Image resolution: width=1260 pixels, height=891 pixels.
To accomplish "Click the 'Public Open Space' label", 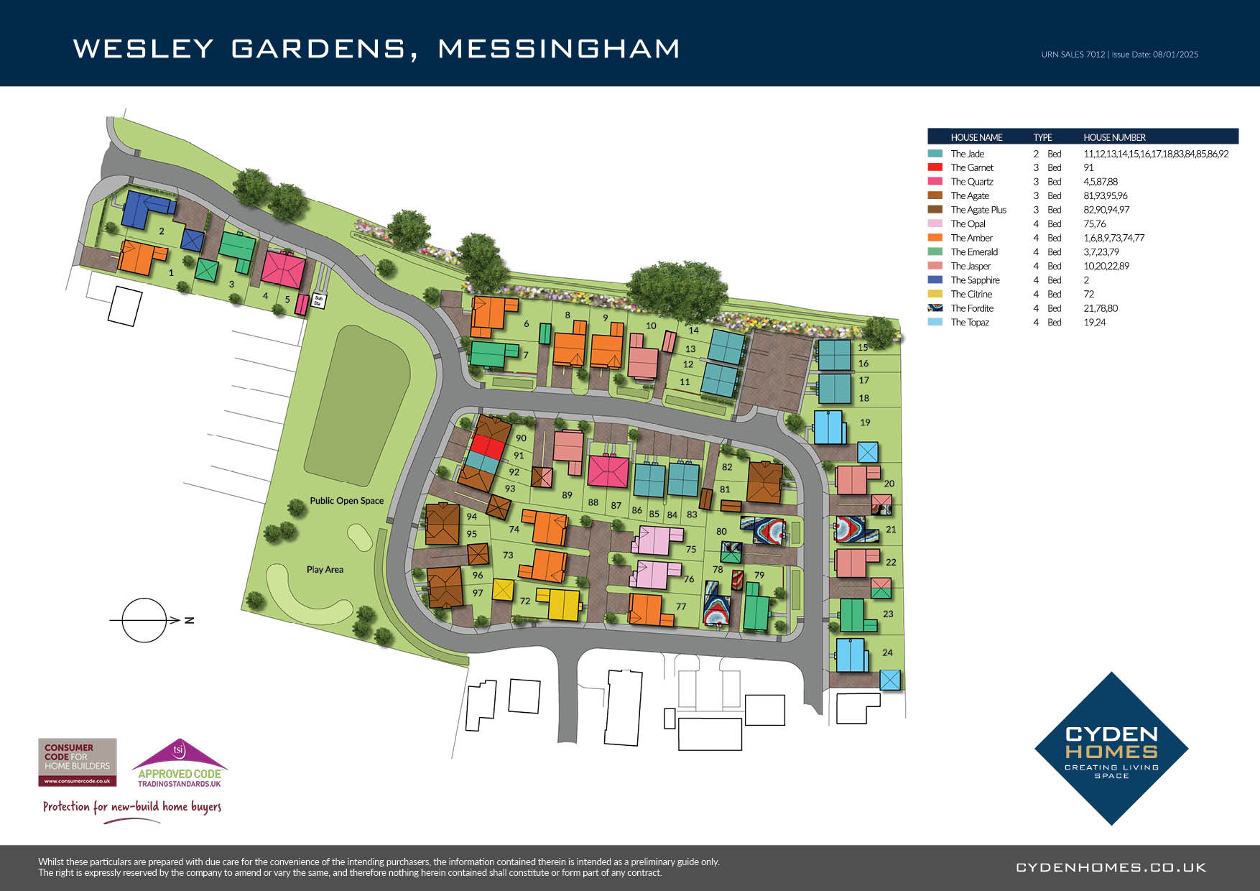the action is click(346, 501).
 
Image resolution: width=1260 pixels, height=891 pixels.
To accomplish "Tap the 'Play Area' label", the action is click(325, 570).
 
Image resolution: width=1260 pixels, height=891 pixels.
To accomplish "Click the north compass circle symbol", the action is click(144, 619).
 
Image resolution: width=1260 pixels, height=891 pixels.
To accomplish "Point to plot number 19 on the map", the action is click(865, 423).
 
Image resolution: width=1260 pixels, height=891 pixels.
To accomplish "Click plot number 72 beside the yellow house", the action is click(525, 601).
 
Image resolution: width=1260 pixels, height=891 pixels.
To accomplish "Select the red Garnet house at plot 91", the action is click(488, 446).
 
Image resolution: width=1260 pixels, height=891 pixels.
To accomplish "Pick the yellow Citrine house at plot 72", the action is click(558, 604).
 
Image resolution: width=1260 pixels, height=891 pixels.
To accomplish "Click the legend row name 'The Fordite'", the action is click(972, 308).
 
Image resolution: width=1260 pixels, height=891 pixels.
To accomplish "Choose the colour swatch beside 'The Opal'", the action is click(935, 224).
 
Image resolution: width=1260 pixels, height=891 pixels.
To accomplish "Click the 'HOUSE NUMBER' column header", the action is click(1114, 137).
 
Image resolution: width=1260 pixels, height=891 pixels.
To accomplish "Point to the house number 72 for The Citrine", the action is click(1088, 294).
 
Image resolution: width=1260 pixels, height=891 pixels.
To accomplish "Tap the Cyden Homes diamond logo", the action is click(1111, 748).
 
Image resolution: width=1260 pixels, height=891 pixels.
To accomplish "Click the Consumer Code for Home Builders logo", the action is click(77, 762).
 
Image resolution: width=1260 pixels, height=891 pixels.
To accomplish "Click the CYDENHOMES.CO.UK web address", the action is click(1111, 867).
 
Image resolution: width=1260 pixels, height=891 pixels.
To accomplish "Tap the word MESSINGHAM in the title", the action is click(558, 49).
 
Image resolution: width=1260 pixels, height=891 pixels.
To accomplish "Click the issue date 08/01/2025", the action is click(1175, 55).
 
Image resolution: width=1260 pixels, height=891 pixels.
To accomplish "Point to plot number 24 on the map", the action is click(887, 652).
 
